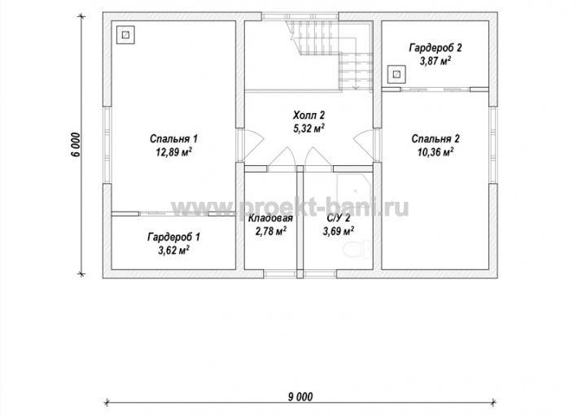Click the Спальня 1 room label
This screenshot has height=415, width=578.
pyautogui.click(x=173, y=139)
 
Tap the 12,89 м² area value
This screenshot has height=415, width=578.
pyautogui.click(x=173, y=152)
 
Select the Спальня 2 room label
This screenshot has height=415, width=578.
pyautogui.click(x=436, y=139)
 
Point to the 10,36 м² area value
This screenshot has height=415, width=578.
pyautogui.click(x=436, y=152)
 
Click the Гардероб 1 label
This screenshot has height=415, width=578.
pyautogui.click(x=173, y=237)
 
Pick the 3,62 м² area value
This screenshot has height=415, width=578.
pyautogui.click(x=173, y=251)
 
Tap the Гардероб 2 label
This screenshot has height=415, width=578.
pyautogui.click(x=436, y=47)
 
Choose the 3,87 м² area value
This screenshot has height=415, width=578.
pyautogui.click(x=436, y=61)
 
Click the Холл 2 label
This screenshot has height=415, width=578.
pyautogui.click(x=309, y=116)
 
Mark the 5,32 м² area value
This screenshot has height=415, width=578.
pyautogui.click(x=309, y=129)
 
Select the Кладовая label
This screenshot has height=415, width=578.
pyautogui.click(x=270, y=218)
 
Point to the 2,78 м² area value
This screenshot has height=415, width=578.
pyautogui.click(x=271, y=231)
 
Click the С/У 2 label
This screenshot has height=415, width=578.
pyautogui.click(x=339, y=218)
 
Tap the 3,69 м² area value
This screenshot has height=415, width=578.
pyautogui.click(x=339, y=231)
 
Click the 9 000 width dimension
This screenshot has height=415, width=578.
pyautogui.click(x=300, y=397)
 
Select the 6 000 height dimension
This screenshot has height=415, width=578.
pyautogui.click(x=75, y=144)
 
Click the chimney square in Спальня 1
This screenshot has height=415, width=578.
pyautogui.click(x=125, y=35)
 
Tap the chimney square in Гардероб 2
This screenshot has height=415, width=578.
pyautogui.click(x=396, y=74)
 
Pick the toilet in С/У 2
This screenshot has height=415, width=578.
pyautogui.click(x=357, y=249)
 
